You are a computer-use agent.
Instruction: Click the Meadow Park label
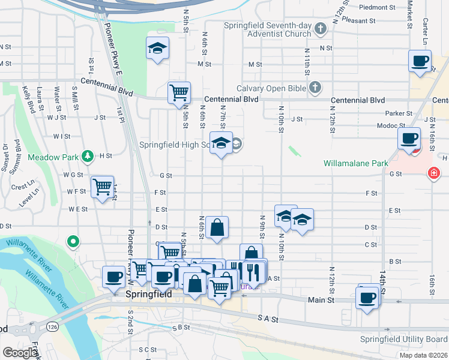(x=53, y=157)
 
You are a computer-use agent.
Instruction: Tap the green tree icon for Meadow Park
(x=88, y=156)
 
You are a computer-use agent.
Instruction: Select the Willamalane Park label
(x=355, y=163)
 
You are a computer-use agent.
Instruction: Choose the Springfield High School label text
(x=174, y=145)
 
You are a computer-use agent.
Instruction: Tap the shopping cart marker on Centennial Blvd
(x=179, y=93)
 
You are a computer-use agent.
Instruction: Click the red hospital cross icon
(x=432, y=174)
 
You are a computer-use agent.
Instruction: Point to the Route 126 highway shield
(x=52, y=327)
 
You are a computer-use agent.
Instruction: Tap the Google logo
(x=20, y=353)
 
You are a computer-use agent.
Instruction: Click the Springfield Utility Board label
(x=403, y=339)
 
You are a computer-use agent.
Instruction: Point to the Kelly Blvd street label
(x=27, y=98)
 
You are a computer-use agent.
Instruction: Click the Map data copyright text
(x=423, y=355)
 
